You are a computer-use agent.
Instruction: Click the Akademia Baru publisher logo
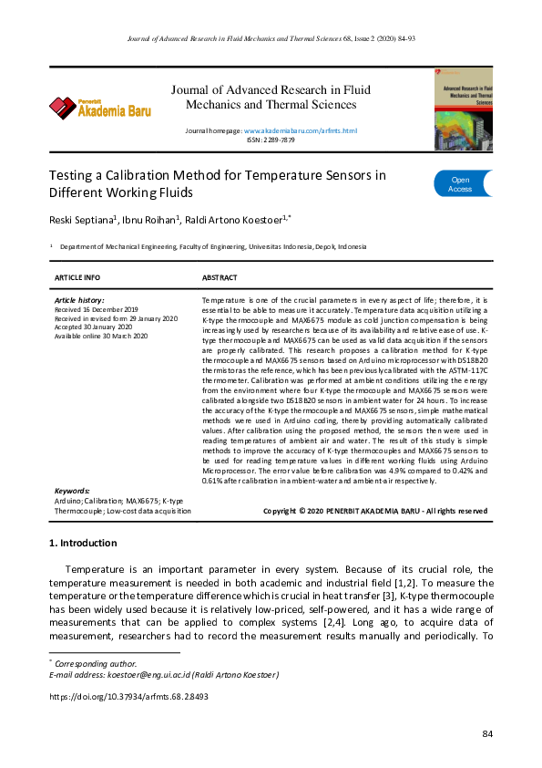point(100,109)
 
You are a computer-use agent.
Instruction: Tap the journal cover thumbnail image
point(463,109)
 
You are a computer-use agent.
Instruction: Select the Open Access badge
point(462,184)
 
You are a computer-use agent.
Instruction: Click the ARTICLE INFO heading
point(77,277)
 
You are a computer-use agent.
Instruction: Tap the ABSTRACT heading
point(220,277)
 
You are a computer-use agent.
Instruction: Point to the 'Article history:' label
point(79,300)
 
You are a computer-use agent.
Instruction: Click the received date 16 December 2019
point(96,309)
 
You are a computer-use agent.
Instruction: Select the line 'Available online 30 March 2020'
point(101,336)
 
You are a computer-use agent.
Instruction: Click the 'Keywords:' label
point(72,491)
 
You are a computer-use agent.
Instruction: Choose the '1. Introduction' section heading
point(82,544)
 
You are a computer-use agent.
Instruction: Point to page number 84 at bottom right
point(486,734)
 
